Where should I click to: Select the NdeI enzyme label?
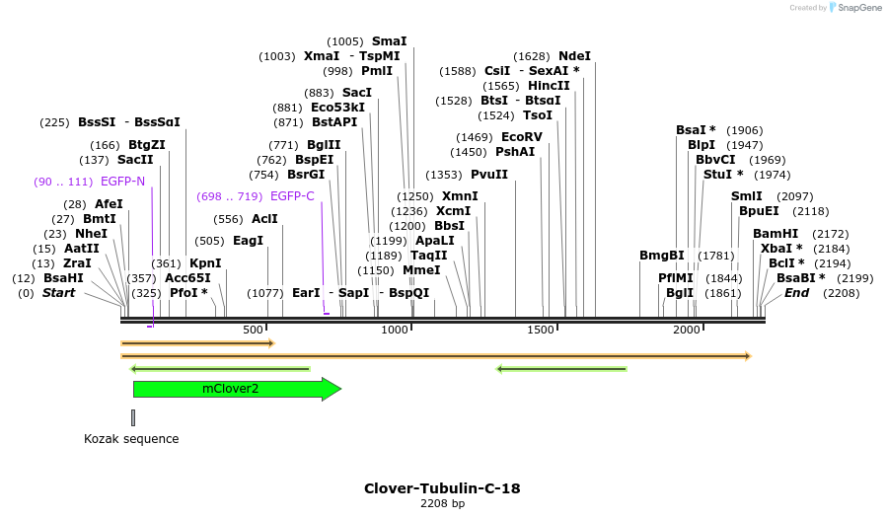(x=574, y=56)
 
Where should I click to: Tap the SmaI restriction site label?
(x=389, y=41)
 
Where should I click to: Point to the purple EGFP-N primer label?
(x=122, y=182)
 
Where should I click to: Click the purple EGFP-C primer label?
(x=292, y=196)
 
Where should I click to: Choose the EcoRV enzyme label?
(x=522, y=137)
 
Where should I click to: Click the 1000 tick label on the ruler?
(x=395, y=330)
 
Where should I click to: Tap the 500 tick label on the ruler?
(x=254, y=330)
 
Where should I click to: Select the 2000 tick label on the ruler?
(x=687, y=330)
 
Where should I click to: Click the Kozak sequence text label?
(x=131, y=439)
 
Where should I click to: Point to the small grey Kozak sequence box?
(x=133, y=417)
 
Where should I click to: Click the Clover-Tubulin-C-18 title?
(x=442, y=488)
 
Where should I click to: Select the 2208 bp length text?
(x=442, y=504)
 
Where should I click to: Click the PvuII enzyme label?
(x=489, y=175)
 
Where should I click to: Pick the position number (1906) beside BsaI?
(x=744, y=130)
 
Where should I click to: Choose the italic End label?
(x=796, y=293)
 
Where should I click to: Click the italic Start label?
(x=58, y=293)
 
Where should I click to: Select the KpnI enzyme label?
(x=205, y=263)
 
